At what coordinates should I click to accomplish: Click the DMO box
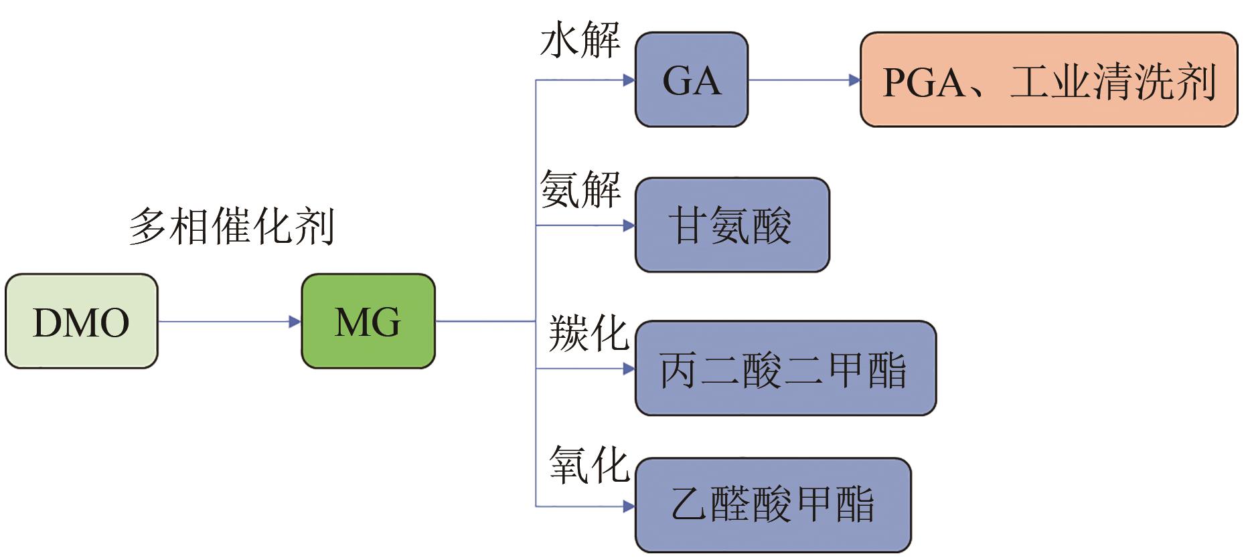coord(81,321)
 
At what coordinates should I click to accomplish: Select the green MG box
coord(368,321)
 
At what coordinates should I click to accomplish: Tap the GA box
coord(692,80)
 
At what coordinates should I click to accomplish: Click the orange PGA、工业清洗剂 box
coord(1048,80)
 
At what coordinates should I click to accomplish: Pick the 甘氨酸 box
coord(732,225)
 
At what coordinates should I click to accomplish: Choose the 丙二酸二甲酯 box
coord(785,369)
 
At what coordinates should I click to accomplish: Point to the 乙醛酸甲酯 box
coord(773,505)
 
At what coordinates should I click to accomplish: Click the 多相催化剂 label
coord(232,226)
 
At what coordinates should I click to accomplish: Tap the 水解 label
coord(580,40)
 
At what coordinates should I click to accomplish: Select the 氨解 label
coord(580,189)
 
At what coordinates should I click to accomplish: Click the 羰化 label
coord(588,333)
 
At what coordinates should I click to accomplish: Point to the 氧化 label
coord(588,464)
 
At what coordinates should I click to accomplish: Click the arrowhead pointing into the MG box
coord(295,322)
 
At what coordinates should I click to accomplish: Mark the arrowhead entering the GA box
coord(629,80)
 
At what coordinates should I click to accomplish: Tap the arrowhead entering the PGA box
coord(854,80)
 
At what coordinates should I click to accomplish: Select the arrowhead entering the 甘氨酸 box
coord(629,225)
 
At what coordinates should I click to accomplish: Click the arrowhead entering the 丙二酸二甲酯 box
coord(629,369)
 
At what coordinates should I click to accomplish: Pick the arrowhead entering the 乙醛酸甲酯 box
coord(629,506)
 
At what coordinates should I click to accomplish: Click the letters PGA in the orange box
coord(924,82)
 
